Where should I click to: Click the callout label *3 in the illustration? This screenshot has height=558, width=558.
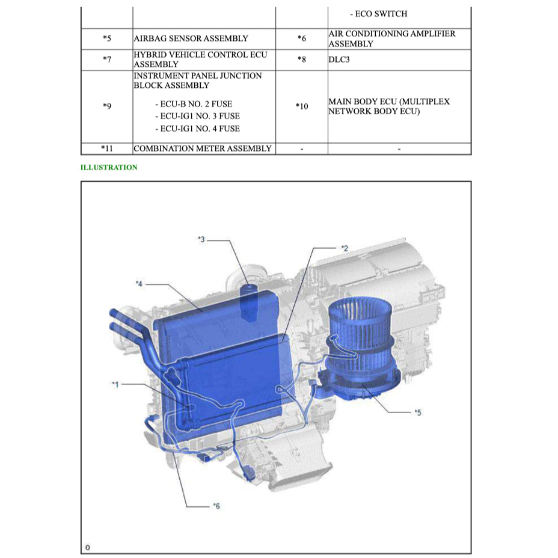(201, 239)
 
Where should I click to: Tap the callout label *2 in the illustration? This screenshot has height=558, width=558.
(344, 248)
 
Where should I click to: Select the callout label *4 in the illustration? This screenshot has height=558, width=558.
(139, 283)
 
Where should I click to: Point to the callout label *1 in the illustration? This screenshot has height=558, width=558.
(115, 384)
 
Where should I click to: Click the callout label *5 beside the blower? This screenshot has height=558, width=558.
(417, 412)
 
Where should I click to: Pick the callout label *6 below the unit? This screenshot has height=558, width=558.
(216, 506)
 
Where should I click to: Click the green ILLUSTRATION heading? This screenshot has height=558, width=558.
(109, 168)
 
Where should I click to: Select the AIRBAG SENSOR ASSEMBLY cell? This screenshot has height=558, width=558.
(191, 38)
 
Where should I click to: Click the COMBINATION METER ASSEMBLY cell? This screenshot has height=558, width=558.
(203, 149)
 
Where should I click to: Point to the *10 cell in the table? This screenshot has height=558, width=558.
(301, 106)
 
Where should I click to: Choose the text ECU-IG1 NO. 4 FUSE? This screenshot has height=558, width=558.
(197, 128)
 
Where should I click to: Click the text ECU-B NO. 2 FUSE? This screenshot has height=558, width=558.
(193, 104)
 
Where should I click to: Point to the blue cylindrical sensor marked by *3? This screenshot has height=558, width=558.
(248, 299)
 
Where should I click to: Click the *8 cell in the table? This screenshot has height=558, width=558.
(301, 60)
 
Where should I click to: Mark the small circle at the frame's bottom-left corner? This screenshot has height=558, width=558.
(87, 547)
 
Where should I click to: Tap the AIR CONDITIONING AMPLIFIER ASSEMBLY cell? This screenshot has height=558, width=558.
(391, 38)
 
